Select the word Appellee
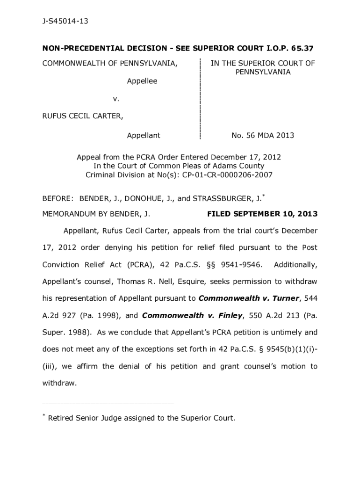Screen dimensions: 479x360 point(142,81)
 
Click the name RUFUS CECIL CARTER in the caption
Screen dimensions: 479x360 point(83,116)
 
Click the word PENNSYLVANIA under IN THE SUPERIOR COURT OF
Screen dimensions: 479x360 point(263,72)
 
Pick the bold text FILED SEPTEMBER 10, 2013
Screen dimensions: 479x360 point(262,214)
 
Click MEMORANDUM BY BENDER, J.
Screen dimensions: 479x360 point(96,214)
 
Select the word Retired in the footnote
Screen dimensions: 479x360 point(61,418)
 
